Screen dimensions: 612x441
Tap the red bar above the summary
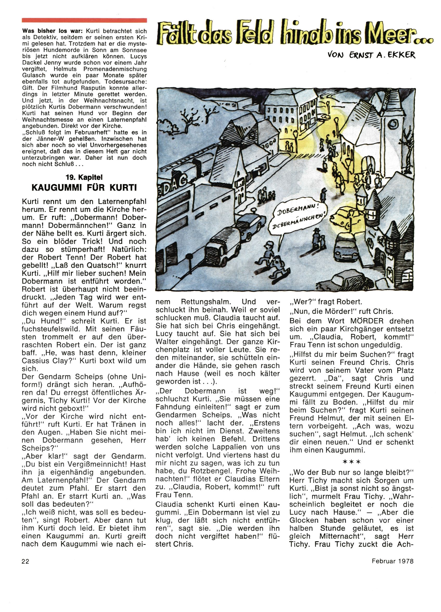(84, 20)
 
